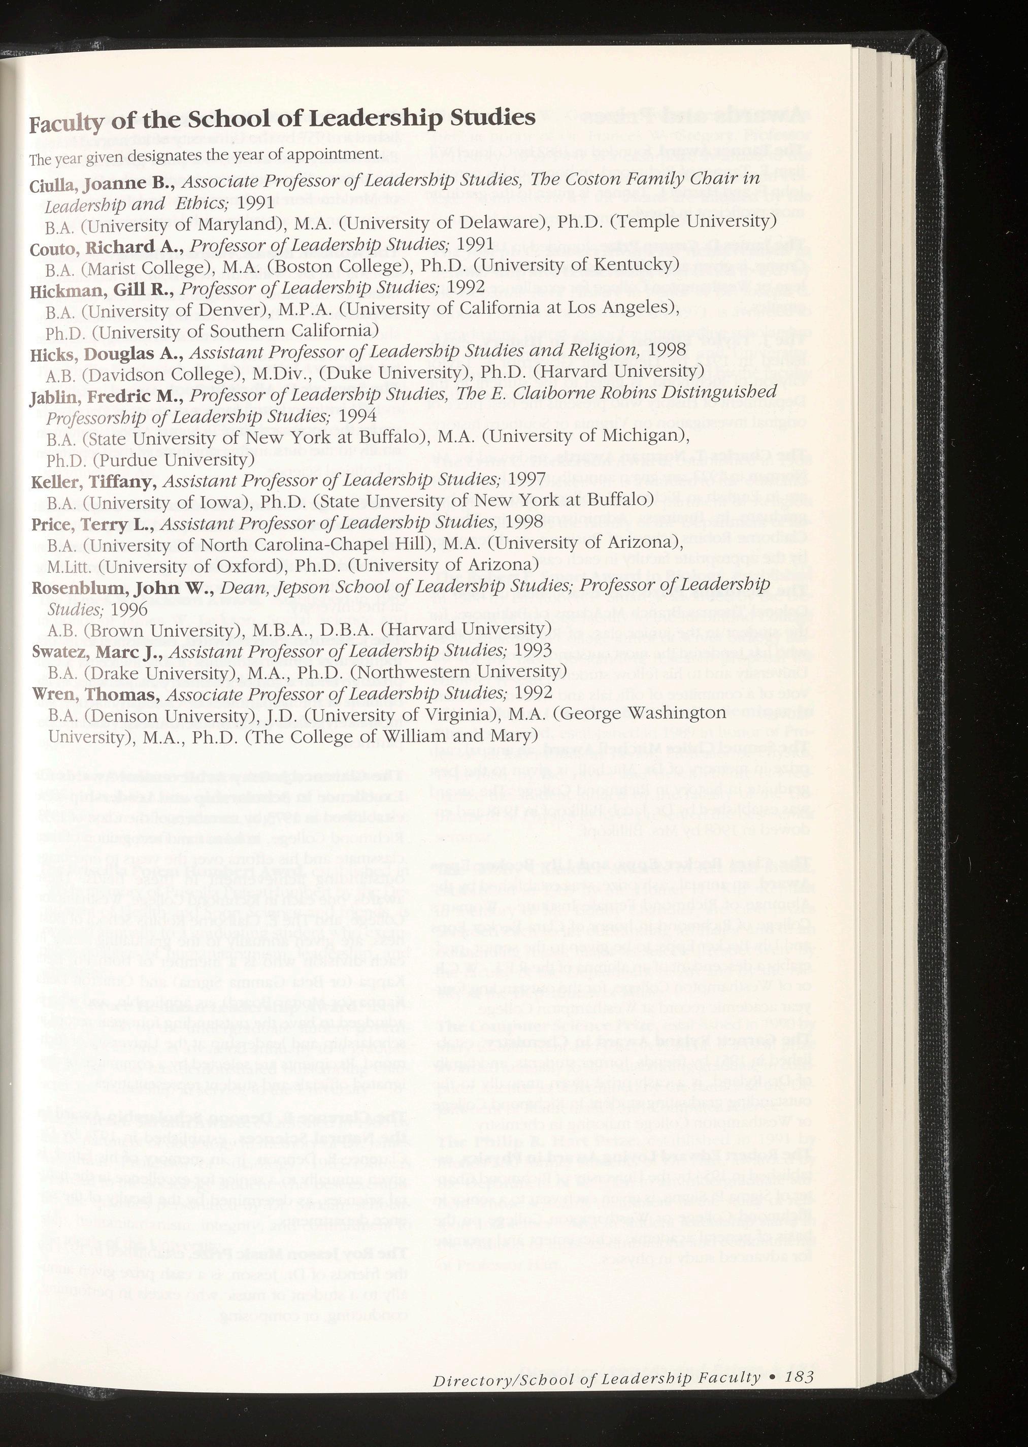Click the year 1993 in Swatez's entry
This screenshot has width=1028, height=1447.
coord(533,649)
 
